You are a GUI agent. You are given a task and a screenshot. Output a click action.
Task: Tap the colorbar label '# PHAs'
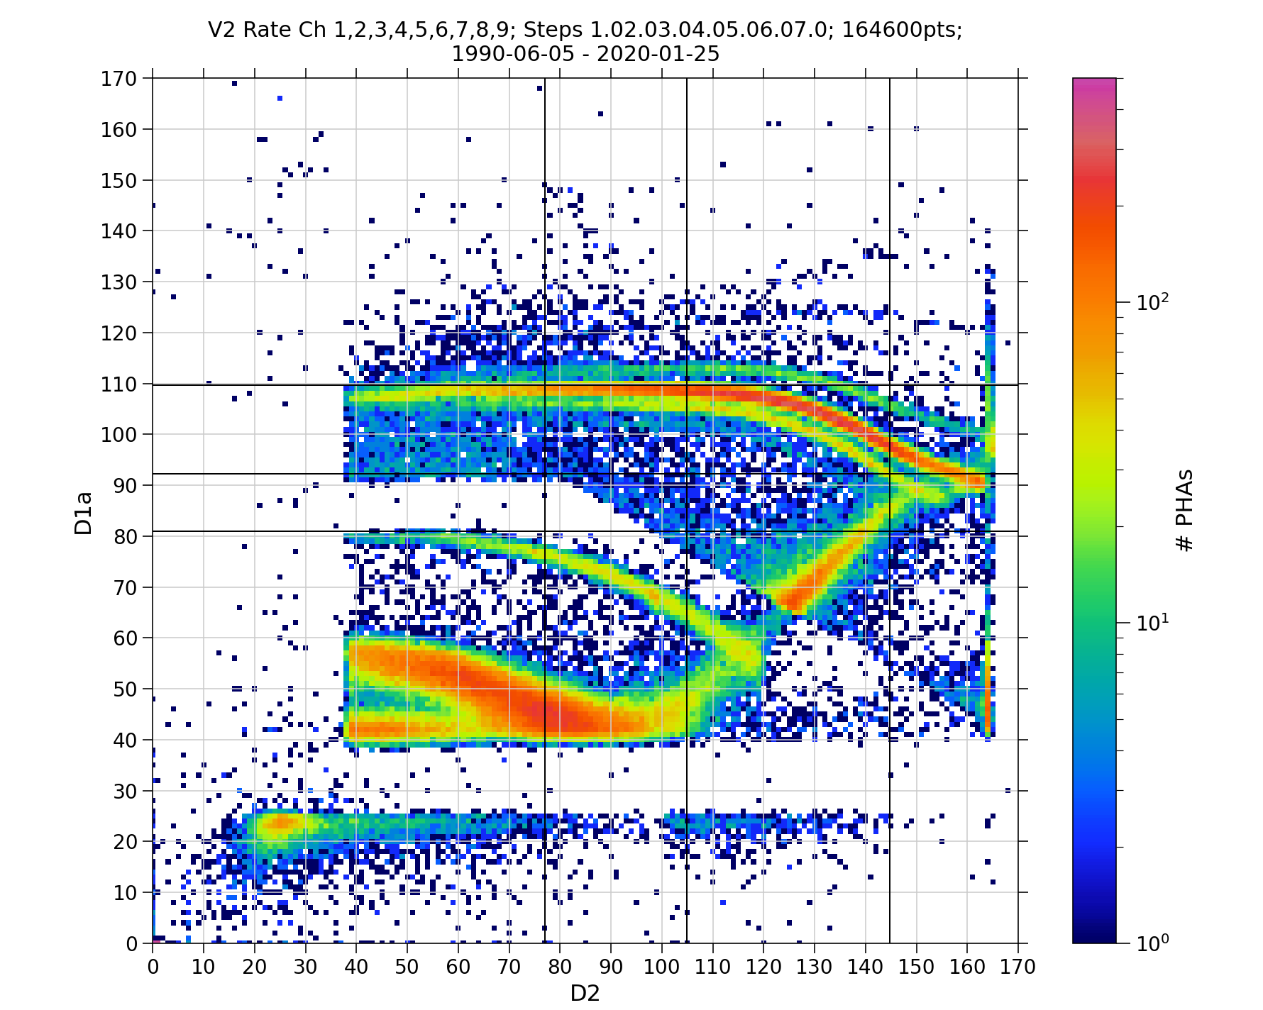(x=1184, y=510)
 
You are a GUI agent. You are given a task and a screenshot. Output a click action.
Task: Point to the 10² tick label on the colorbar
(x=1154, y=302)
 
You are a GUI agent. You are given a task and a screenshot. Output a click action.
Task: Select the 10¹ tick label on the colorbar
(x=1154, y=623)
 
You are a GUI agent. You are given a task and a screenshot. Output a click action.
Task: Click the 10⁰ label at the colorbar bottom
(x=1154, y=943)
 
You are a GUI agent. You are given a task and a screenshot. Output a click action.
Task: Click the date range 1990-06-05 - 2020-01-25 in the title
(x=585, y=54)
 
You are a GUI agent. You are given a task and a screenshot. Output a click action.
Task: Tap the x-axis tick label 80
(x=560, y=967)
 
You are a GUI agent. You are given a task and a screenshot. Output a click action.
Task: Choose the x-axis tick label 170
(x=1018, y=967)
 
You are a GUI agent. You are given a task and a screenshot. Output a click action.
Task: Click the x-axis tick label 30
(x=305, y=967)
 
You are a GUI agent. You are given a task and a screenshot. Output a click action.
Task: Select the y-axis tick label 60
(x=125, y=638)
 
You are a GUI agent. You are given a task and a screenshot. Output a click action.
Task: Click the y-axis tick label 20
(x=125, y=841)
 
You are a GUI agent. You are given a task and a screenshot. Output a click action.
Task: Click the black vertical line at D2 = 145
(x=890, y=213)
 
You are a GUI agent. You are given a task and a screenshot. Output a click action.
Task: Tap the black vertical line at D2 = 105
(x=687, y=213)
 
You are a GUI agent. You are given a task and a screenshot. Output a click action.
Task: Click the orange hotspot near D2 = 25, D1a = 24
(x=281, y=822)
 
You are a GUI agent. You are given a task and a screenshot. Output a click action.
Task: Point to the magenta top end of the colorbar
(x=1093, y=84)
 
